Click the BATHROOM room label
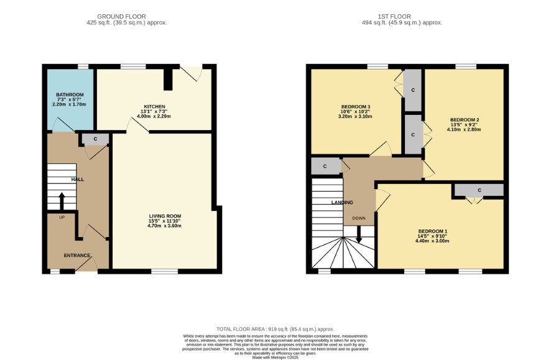tap(70, 95)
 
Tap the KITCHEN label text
tap(154, 106)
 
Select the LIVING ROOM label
tap(165, 216)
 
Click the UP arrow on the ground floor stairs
tap(62, 201)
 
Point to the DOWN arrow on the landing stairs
tap(359, 234)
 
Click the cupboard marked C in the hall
tap(95, 139)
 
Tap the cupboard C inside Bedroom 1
tap(479, 190)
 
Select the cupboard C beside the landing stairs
tap(325, 166)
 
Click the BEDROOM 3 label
tap(356, 107)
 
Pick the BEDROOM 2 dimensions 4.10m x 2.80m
tap(464, 129)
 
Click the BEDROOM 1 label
tap(432, 231)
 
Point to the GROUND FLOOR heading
tap(121, 17)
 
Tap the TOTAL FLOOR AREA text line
tap(275, 330)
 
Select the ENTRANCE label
tap(77, 256)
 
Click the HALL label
tap(78, 180)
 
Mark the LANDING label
tap(342, 203)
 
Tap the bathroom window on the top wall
tap(83, 67)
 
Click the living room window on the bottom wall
tap(164, 272)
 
